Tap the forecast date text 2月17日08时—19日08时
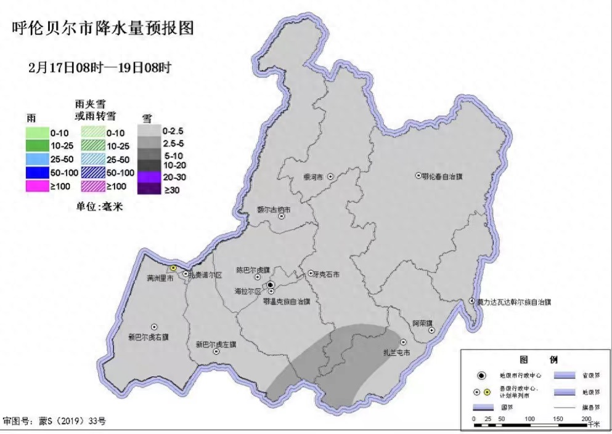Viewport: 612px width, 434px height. (99, 68)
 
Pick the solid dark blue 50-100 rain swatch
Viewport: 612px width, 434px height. (41, 173)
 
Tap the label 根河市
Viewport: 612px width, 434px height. (314, 177)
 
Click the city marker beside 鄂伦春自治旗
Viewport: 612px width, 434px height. (418, 176)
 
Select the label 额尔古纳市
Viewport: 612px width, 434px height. (274, 210)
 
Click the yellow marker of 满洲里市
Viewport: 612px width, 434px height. (174, 268)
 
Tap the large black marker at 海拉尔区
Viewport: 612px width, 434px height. (271, 284)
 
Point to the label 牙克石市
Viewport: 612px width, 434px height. (327, 275)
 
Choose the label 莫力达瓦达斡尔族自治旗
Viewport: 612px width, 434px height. (514, 302)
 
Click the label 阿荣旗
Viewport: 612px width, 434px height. (422, 323)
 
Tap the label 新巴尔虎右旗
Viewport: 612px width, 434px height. (149, 337)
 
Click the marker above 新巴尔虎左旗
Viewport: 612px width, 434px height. (216, 352)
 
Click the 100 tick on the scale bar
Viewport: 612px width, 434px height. (529, 419)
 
